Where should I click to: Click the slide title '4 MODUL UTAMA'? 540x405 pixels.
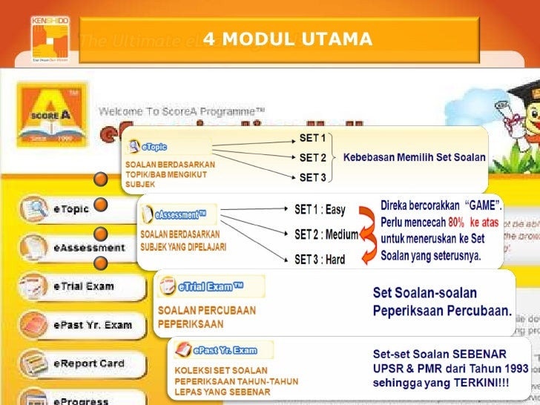click(x=288, y=39)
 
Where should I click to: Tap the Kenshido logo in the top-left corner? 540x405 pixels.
click(x=50, y=38)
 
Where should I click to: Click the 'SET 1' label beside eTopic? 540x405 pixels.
click(x=312, y=138)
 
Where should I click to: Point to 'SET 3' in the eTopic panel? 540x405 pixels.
click(x=312, y=177)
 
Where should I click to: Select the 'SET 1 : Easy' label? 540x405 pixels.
click(x=320, y=210)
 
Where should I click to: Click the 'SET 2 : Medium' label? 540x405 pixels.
click(x=326, y=234)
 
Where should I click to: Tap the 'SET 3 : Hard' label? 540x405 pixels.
click(x=320, y=260)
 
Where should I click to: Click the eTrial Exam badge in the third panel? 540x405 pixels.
click(x=211, y=286)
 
